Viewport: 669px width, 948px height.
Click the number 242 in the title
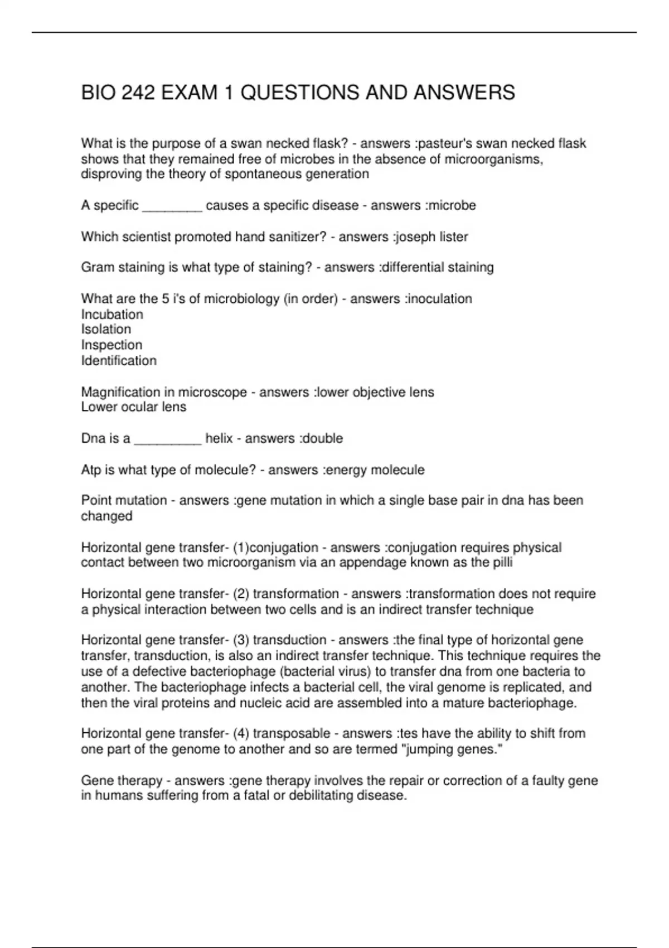[x=138, y=93]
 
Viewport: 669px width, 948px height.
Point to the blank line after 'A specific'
[x=172, y=206]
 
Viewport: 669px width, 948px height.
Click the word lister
[x=454, y=236]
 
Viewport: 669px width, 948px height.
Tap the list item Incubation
[x=112, y=314]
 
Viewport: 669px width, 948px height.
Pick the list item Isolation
[x=106, y=330]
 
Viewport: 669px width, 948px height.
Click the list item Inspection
[x=111, y=345]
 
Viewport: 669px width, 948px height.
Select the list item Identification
[x=119, y=361]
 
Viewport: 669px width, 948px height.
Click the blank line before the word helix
[x=168, y=439]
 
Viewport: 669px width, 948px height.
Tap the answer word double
[x=323, y=438]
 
